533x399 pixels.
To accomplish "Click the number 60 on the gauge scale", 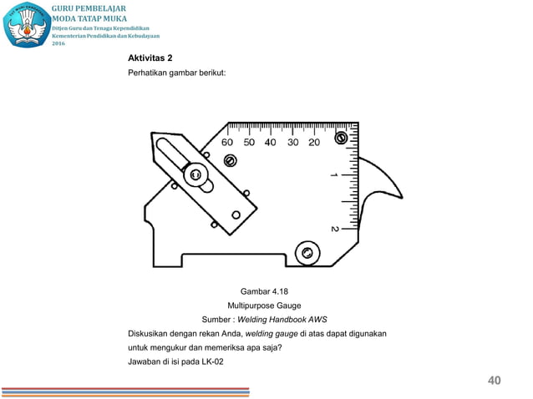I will pos(227,142).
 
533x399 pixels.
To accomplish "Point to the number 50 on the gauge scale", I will pos(249,142).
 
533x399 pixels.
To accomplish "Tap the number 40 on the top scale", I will pos(271,142).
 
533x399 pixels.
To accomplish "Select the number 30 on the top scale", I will pos(292,142).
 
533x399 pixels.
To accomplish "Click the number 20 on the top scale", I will pos(314,142).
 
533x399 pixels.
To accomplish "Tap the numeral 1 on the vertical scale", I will pos(334,175).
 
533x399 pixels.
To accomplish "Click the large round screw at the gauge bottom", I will pos(307,252).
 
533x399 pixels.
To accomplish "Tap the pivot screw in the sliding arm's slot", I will pos(195,174).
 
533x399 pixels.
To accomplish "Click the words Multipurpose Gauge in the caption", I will pos(266,306).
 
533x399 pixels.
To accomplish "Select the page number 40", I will pos(494,381).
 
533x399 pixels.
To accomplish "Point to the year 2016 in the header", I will pos(59,43).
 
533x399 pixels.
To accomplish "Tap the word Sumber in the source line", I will pos(216,320).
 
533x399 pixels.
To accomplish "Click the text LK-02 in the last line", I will pos(211,361).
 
